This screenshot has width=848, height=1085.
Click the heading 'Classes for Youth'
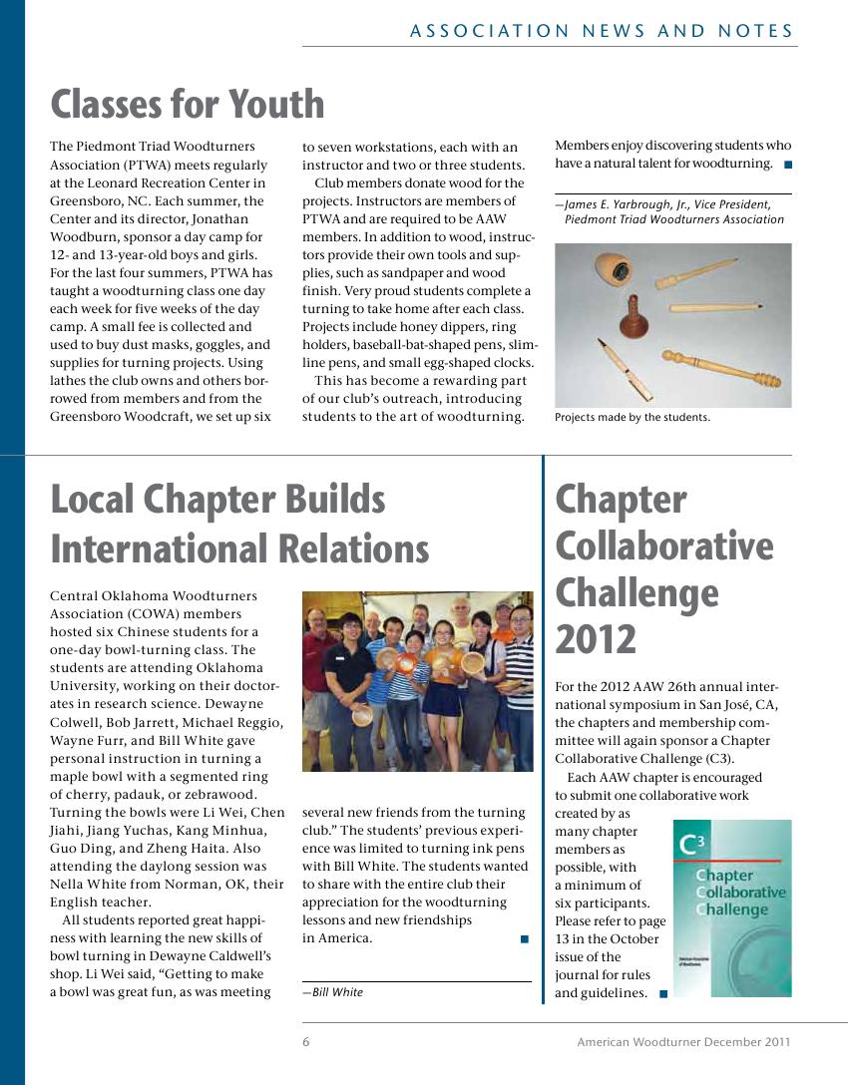[188, 104]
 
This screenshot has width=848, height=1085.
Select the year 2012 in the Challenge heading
[596, 639]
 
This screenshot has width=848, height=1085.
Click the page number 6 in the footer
[306, 1042]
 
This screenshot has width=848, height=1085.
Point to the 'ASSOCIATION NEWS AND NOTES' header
[602, 31]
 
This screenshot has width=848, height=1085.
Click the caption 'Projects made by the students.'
[633, 418]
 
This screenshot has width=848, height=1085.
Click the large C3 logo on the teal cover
[691, 846]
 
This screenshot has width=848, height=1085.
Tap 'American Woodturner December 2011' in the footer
[683, 1042]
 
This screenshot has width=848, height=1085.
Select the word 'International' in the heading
[239, 548]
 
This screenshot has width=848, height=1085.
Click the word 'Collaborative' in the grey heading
[663, 545]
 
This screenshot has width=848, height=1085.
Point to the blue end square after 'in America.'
[524, 938]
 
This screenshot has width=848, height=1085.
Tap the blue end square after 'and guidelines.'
[663, 993]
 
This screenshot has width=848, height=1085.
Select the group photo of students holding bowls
[417, 681]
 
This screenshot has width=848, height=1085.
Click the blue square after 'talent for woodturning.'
[787, 164]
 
